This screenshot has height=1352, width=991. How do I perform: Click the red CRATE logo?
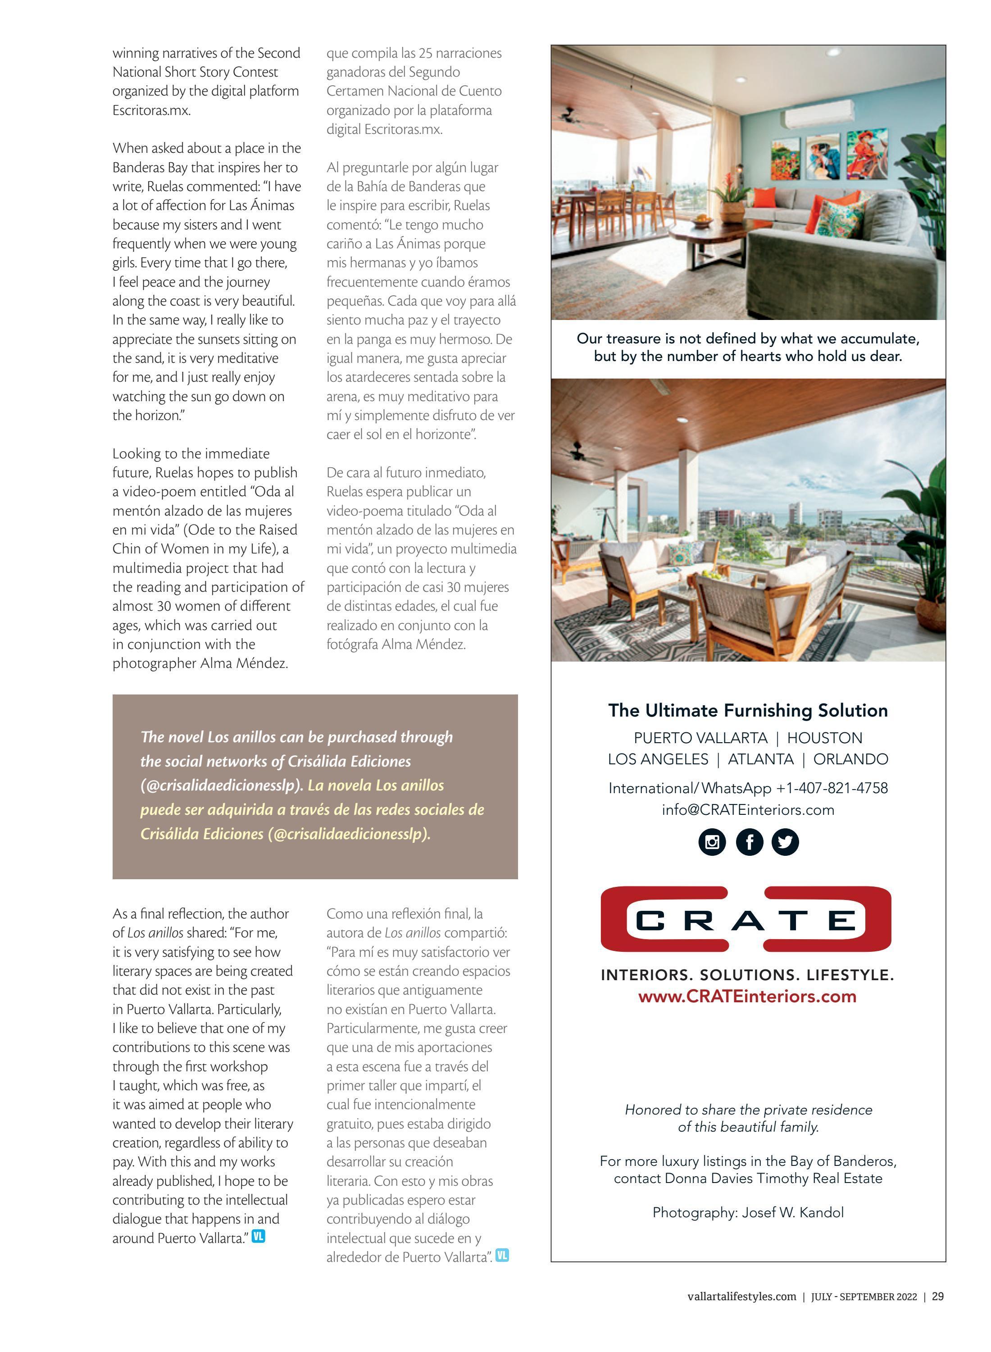[x=746, y=920]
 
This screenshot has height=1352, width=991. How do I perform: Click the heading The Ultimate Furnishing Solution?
[x=747, y=711]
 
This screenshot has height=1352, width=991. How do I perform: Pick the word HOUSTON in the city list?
[x=824, y=738]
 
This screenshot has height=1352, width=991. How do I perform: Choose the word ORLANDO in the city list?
[x=850, y=759]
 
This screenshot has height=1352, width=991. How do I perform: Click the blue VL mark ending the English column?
[x=259, y=1236]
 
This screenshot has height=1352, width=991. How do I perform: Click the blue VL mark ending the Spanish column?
[x=502, y=1256]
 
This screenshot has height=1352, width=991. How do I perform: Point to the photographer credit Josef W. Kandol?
[x=792, y=1213]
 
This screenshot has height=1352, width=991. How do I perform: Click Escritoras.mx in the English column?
[x=151, y=110]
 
